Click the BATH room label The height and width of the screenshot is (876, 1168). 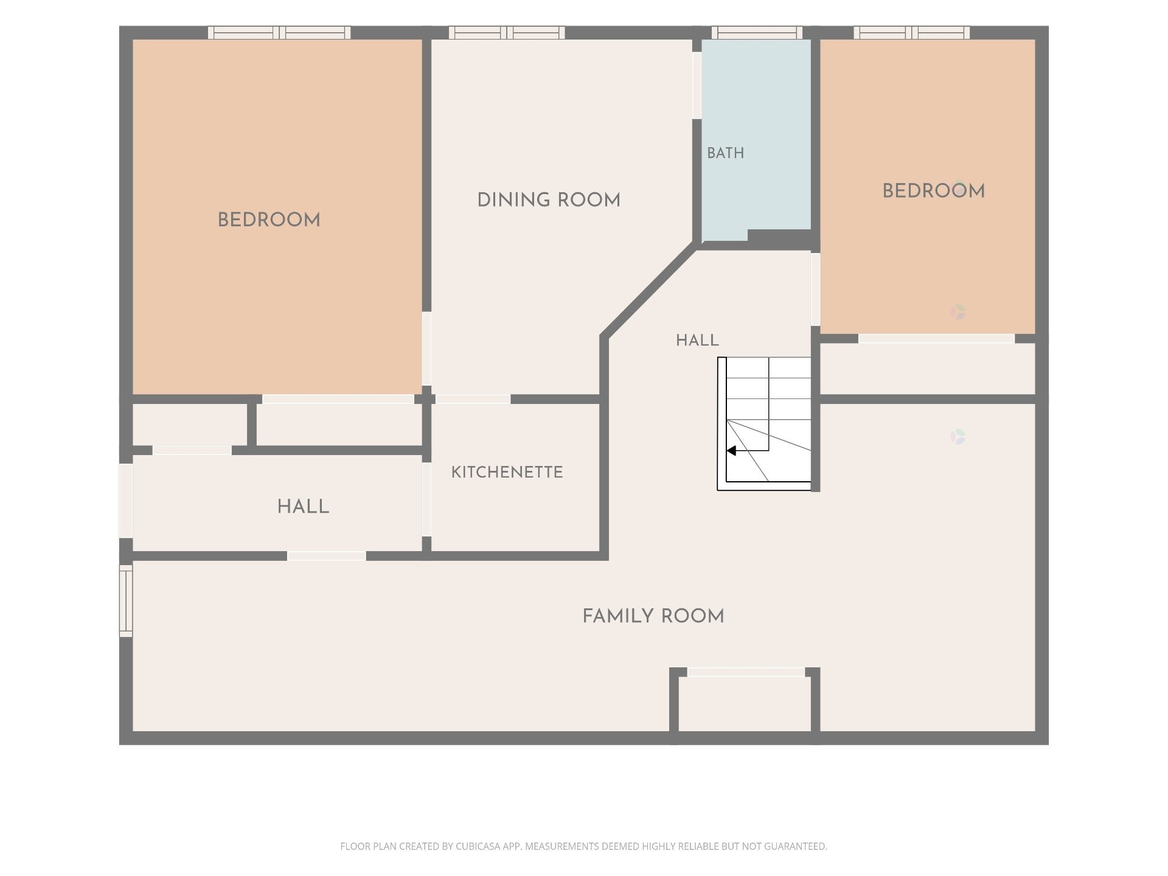point(725,153)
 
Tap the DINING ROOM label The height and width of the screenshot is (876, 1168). point(549,200)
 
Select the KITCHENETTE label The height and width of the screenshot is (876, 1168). point(507,472)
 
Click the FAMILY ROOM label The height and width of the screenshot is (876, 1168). point(653,616)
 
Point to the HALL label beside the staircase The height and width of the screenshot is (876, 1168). point(697,340)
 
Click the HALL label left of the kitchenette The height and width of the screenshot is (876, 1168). point(303,507)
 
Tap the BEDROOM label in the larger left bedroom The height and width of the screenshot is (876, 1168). point(269,220)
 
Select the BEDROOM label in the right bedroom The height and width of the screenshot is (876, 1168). point(934,191)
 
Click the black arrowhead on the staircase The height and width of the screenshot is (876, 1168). point(732,451)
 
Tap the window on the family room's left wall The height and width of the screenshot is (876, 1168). point(126,601)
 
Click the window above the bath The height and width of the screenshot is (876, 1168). point(757,32)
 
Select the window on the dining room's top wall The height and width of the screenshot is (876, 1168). point(507,32)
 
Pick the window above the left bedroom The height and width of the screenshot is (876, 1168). point(279,32)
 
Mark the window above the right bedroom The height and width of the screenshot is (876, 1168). point(912,32)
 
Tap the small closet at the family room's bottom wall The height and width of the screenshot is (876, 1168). point(745,703)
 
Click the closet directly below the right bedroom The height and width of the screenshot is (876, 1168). point(928,369)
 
